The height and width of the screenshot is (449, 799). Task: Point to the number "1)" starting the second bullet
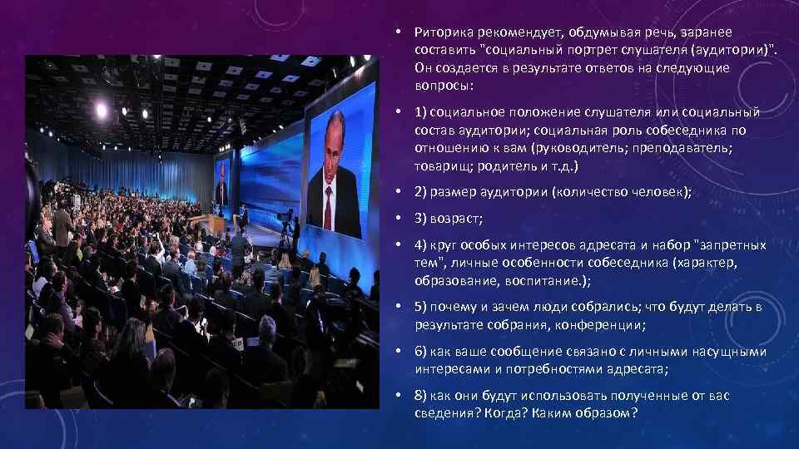pos(421,112)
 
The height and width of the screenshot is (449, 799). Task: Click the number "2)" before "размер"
pos(421,192)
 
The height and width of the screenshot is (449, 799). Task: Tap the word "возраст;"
pos(459,219)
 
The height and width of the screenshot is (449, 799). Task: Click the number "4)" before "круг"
pos(421,245)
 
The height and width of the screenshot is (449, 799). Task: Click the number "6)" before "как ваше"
pos(421,352)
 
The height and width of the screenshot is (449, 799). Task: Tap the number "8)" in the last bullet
pos(421,396)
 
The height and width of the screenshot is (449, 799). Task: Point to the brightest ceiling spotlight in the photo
pos(102,110)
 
